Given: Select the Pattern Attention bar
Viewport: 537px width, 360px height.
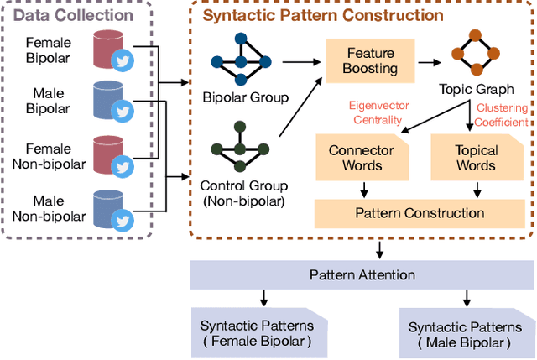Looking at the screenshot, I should [362, 274].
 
